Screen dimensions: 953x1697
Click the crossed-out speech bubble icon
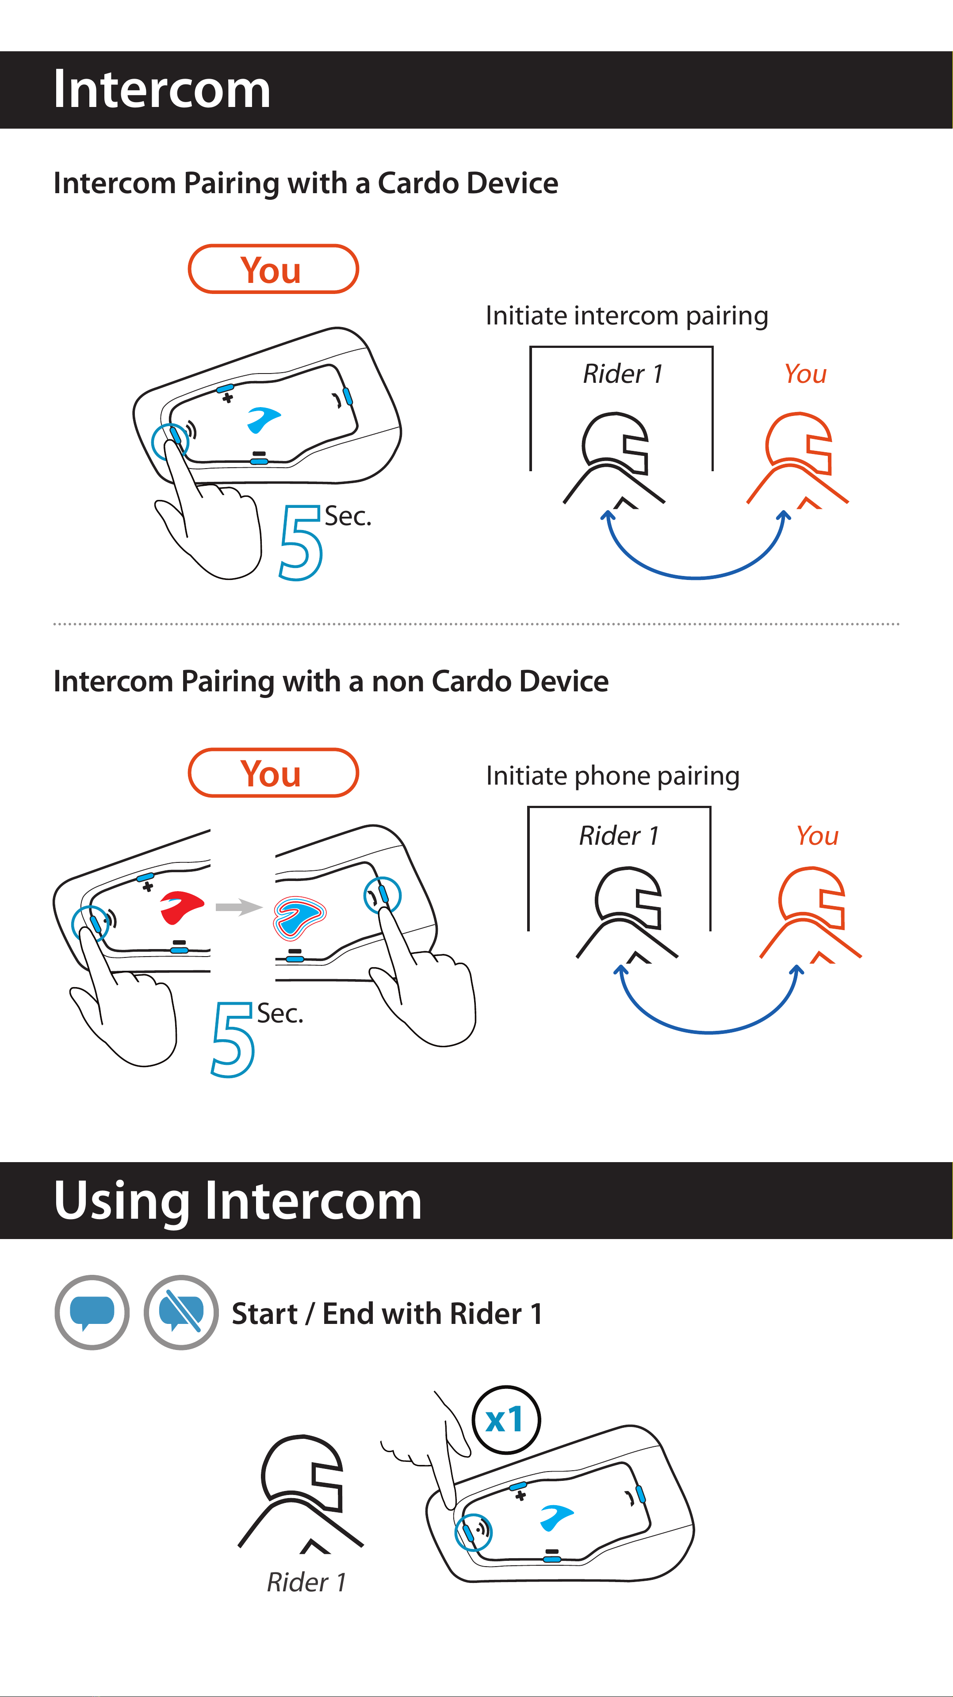[181, 1312]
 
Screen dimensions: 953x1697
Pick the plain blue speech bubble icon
[92, 1312]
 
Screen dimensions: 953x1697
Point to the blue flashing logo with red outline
[299, 917]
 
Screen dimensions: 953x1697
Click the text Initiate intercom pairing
[627, 316]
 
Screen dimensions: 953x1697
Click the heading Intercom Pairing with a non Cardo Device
[331, 682]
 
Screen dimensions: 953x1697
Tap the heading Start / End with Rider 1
[387, 1314]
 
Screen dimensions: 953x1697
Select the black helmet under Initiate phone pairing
[627, 915]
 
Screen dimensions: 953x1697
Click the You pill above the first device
[273, 269]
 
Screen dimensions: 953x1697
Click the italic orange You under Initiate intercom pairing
[805, 374]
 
